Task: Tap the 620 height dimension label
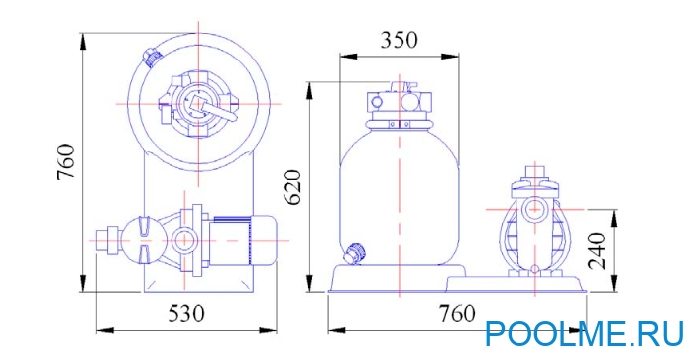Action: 293,185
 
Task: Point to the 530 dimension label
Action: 185,314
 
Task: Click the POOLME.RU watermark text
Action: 585,334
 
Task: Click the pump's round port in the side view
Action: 535,210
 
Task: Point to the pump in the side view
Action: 535,228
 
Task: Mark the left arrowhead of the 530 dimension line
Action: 100,328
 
